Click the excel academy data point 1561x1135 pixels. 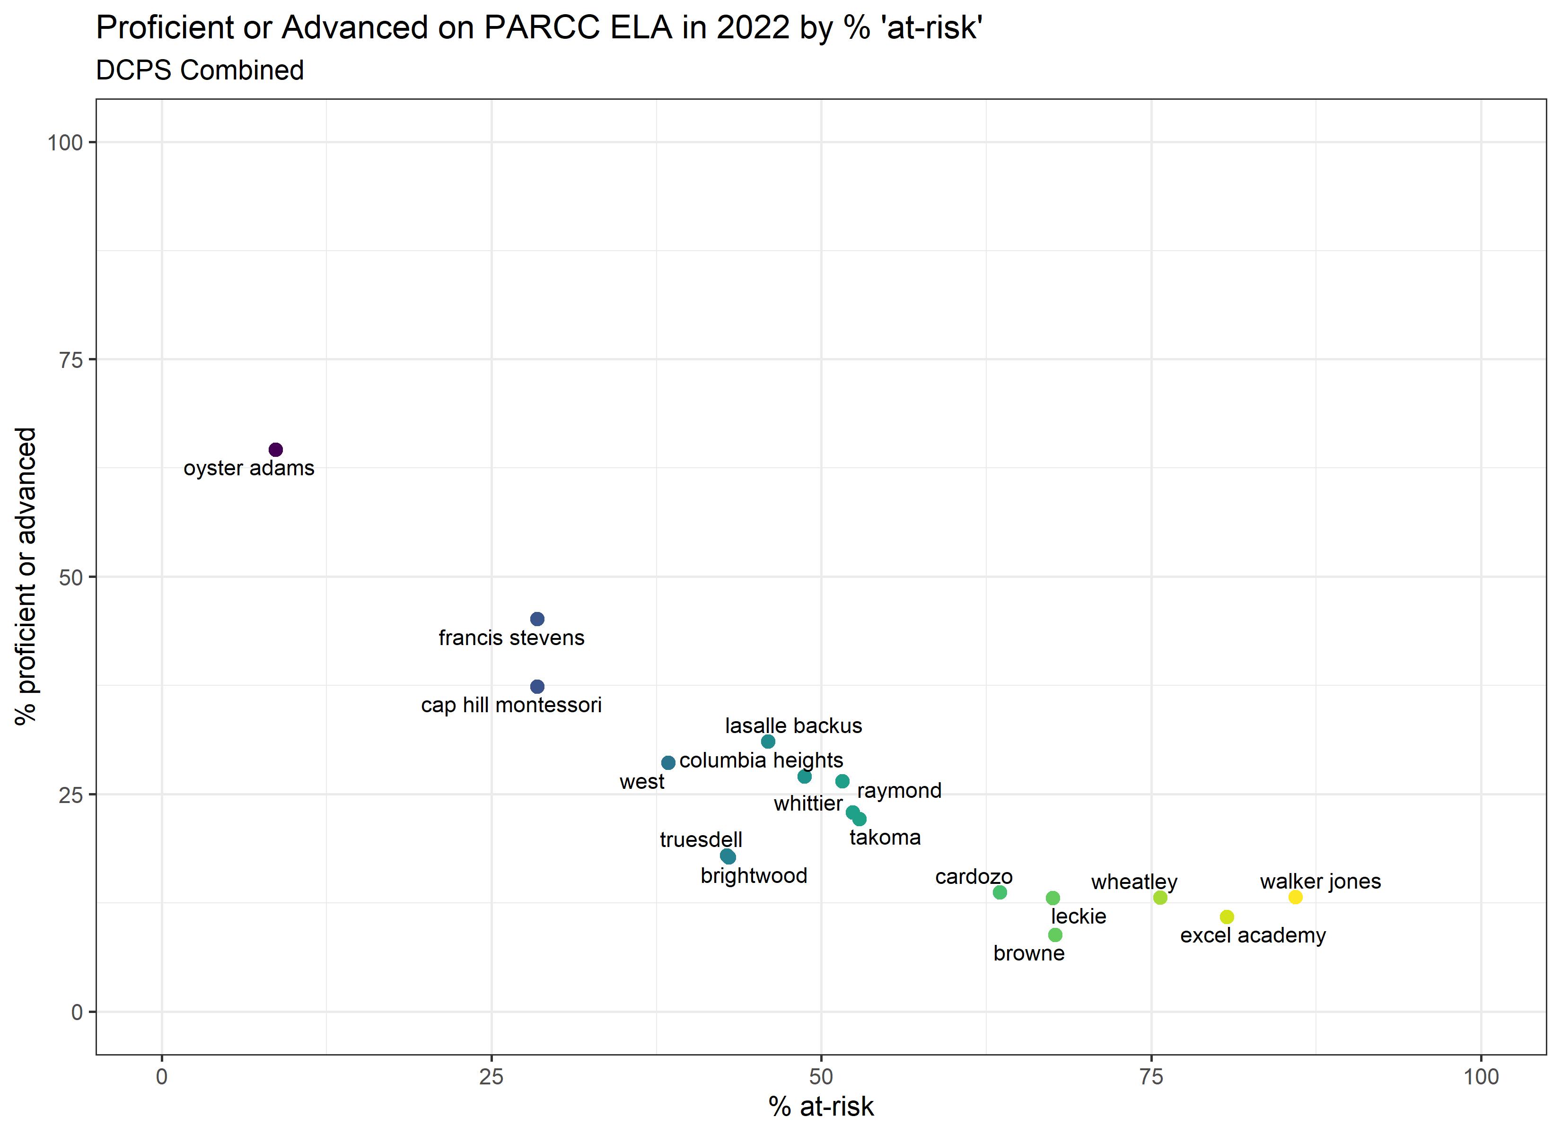pos(1227,917)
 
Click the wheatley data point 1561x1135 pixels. pos(1160,898)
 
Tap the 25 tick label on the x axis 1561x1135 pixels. pos(491,1077)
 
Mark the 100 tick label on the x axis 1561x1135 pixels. pos(1481,1077)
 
